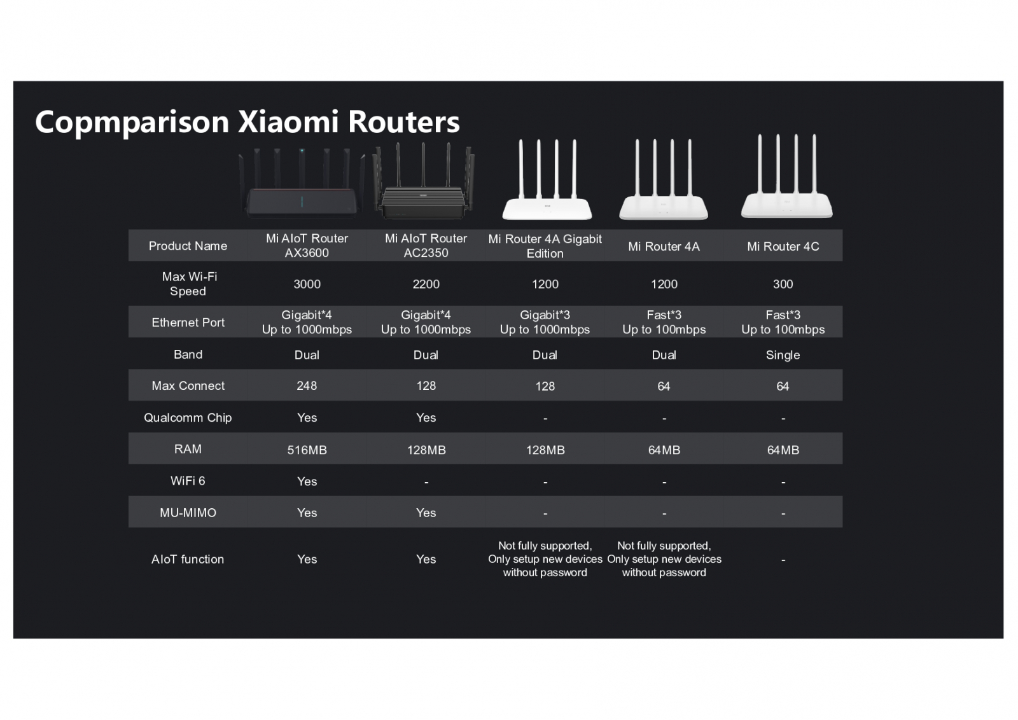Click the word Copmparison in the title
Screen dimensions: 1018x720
pos(132,122)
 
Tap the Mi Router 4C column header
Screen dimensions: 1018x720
pos(783,246)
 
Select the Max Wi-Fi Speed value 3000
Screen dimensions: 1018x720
pos(307,284)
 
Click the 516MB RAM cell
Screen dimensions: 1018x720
pos(307,450)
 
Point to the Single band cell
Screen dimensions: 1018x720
pos(783,356)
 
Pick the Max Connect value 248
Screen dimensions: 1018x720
pos(307,386)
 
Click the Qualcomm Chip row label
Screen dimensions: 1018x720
pos(188,418)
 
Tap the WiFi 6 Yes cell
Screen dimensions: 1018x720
pos(307,481)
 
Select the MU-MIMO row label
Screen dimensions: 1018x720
pos(188,513)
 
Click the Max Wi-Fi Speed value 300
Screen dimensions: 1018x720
pos(783,284)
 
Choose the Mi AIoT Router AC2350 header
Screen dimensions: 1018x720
pos(426,246)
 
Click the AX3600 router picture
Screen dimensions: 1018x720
pos(302,183)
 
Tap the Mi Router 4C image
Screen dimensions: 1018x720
pos(786,176)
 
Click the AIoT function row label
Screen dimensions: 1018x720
pos(188,559)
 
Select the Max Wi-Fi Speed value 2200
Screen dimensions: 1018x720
pos(426,284)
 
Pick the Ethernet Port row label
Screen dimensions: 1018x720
pos(188,322)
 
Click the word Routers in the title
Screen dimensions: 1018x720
pos(403,122)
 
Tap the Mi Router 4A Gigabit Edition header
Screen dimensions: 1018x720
pos(545,246)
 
